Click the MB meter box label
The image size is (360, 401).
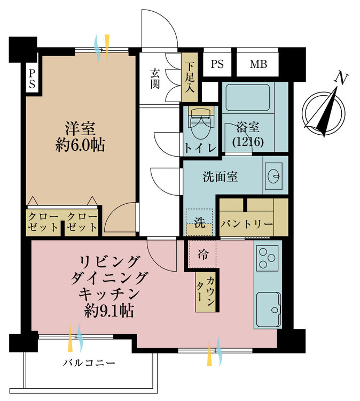point(259,64)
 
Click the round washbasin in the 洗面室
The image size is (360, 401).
point(273,176)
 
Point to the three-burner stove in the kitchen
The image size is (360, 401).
point(267,258)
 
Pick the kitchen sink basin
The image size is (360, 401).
point(268,309)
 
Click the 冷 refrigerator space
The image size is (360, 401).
point(202,254)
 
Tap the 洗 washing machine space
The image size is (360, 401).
point(199,222)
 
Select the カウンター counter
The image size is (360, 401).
point(206,292)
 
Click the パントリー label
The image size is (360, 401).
point(247,224)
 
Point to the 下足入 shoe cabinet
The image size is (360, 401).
point(190,78)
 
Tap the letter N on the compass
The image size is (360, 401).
point(341,78)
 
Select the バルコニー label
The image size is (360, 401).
point(89,363)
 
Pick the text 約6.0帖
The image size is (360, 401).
point(80,145)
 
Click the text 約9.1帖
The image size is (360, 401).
point(109,311)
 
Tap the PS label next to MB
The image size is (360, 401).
point(217,64)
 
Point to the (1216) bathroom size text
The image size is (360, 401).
point(248,142)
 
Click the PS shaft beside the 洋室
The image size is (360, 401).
point(32,79)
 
